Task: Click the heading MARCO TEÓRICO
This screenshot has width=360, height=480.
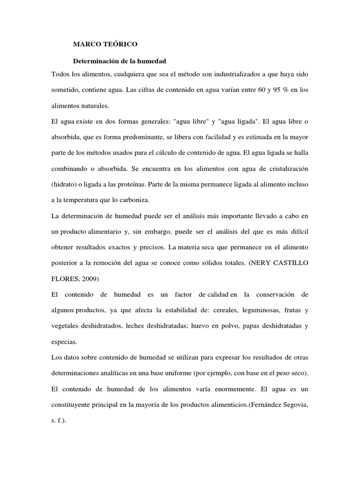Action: point(105,45)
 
